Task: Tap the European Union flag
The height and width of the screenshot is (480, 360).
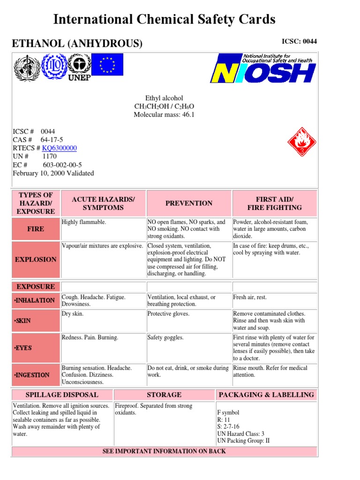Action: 107,65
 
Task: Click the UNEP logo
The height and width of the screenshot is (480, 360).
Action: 79,67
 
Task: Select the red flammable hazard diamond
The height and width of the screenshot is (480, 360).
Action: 301,141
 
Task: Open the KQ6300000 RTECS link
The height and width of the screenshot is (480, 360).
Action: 60,148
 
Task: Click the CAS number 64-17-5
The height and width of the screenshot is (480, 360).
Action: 52,140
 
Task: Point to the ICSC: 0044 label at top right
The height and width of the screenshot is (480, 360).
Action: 299,41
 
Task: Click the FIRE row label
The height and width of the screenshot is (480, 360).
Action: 36,229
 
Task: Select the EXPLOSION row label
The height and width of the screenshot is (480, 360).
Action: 36,259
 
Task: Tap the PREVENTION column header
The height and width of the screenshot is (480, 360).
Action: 189,203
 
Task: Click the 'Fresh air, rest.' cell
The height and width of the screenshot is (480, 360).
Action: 250,298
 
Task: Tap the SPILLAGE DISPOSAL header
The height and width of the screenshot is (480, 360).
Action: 62,395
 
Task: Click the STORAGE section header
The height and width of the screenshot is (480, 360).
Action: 164,395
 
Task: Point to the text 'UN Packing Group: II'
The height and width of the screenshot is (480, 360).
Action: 243,441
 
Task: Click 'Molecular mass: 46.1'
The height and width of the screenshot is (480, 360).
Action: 164,115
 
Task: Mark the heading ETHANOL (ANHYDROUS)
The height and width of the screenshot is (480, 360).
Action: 77,44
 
